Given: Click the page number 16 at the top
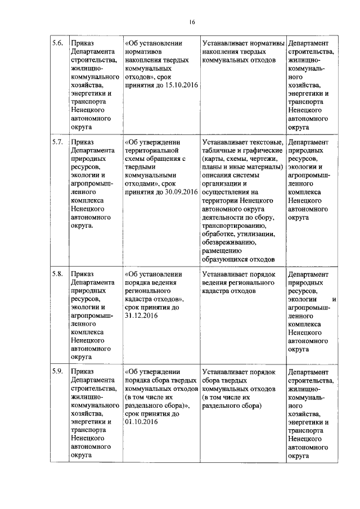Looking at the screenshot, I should coord(191,22).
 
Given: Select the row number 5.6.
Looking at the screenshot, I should coord(57,43).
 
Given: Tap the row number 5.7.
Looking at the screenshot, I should coord(57,141).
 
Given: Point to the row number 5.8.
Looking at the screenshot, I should coord(57,274).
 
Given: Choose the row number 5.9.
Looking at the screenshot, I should coord(57,372).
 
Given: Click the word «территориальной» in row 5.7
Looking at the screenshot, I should coord(152,151).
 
